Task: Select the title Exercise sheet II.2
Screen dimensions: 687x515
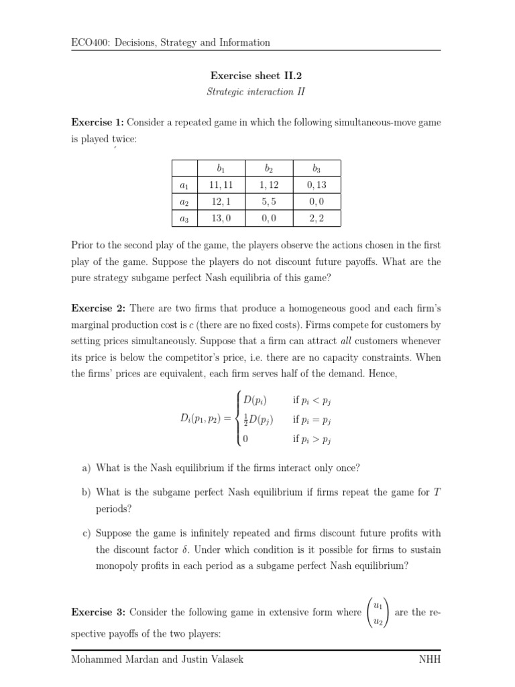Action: (x=255, y=76)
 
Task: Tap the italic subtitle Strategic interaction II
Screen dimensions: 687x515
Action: (x=255, y=92)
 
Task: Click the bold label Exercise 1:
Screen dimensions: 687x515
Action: (x=97, y=122)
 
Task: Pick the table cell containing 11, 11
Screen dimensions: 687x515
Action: (x=221, y=185)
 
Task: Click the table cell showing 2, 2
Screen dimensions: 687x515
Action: (x=317, y=219)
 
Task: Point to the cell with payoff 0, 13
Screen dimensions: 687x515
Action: (x=317, y=185)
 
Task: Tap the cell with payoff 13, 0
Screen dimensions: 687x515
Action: (x=221, y=219)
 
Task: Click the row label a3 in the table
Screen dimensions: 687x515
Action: (x=184, y=219)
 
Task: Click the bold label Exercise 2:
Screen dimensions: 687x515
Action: (x=97, y=308)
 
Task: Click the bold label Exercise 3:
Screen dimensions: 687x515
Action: (x=97, y=613)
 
